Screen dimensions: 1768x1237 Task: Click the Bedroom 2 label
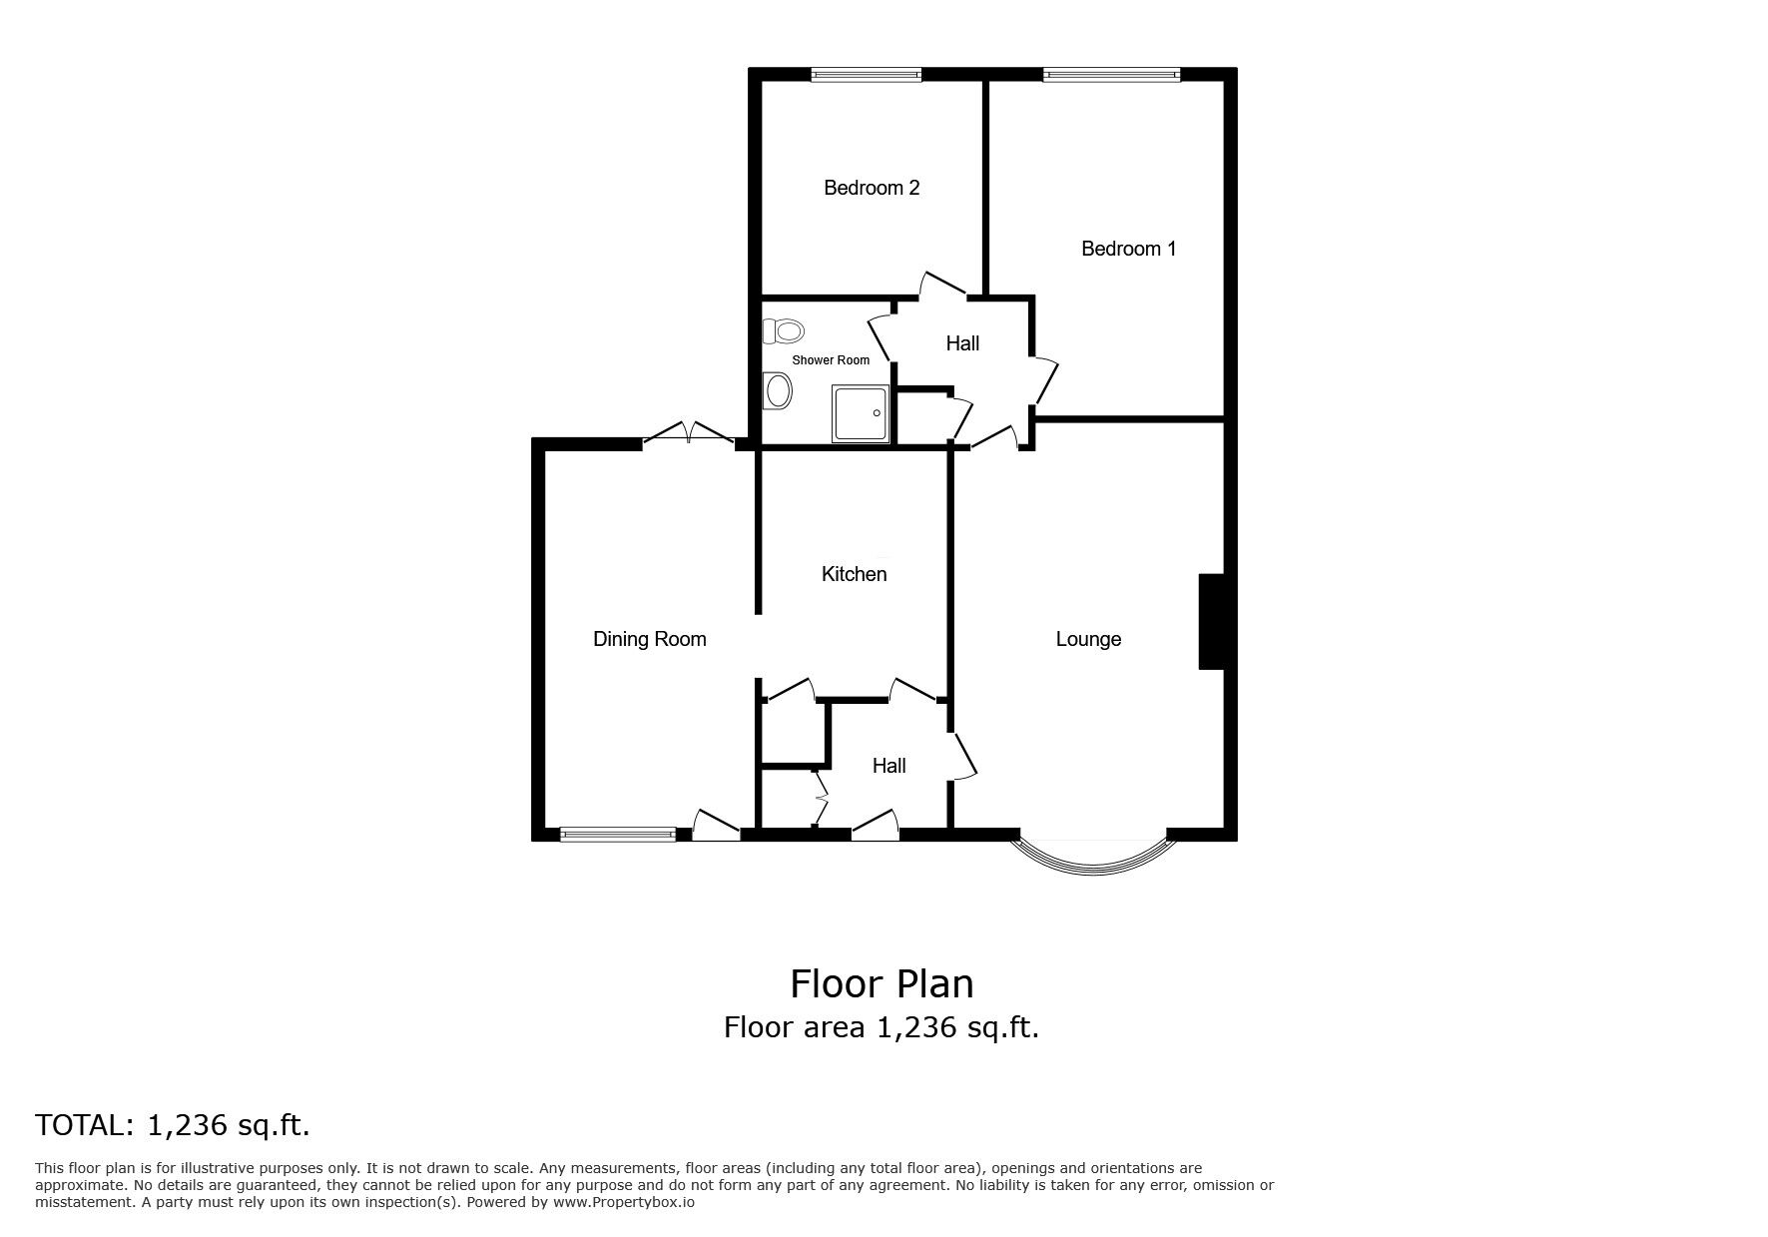coord(872,188)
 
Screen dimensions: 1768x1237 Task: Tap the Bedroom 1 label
coord(1128,249)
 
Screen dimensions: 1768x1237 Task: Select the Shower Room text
coord(831,360)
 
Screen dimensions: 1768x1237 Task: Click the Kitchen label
coord(854,574)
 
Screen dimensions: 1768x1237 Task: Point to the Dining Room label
coord(650,640)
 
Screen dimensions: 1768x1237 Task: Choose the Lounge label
coord(1088,639)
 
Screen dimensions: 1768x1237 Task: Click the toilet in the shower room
coord(783,330)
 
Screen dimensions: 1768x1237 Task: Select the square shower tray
coord(861,413)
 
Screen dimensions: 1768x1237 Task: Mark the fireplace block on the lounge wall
coord(1210,621)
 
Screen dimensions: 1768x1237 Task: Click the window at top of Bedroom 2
coord(866,74)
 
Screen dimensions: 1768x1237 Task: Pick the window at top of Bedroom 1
coord(1111,74)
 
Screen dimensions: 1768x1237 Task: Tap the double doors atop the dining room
coord(688,432)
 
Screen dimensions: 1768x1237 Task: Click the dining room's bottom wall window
coord(618,835)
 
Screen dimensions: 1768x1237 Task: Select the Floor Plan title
coord(882,983)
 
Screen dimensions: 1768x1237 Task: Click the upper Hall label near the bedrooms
coord(962,343)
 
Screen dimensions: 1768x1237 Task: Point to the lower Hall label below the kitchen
coord(888,766)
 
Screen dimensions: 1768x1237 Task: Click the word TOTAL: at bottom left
coord(85,1126)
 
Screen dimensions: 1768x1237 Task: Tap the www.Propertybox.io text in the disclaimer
coord(624,1203)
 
